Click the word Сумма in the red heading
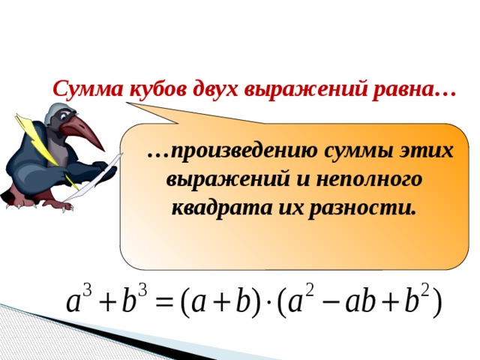point(88,88)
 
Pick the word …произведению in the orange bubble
point(232,151)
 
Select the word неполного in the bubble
point(370,179)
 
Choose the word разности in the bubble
point(363,209)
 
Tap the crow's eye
point(64,116)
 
